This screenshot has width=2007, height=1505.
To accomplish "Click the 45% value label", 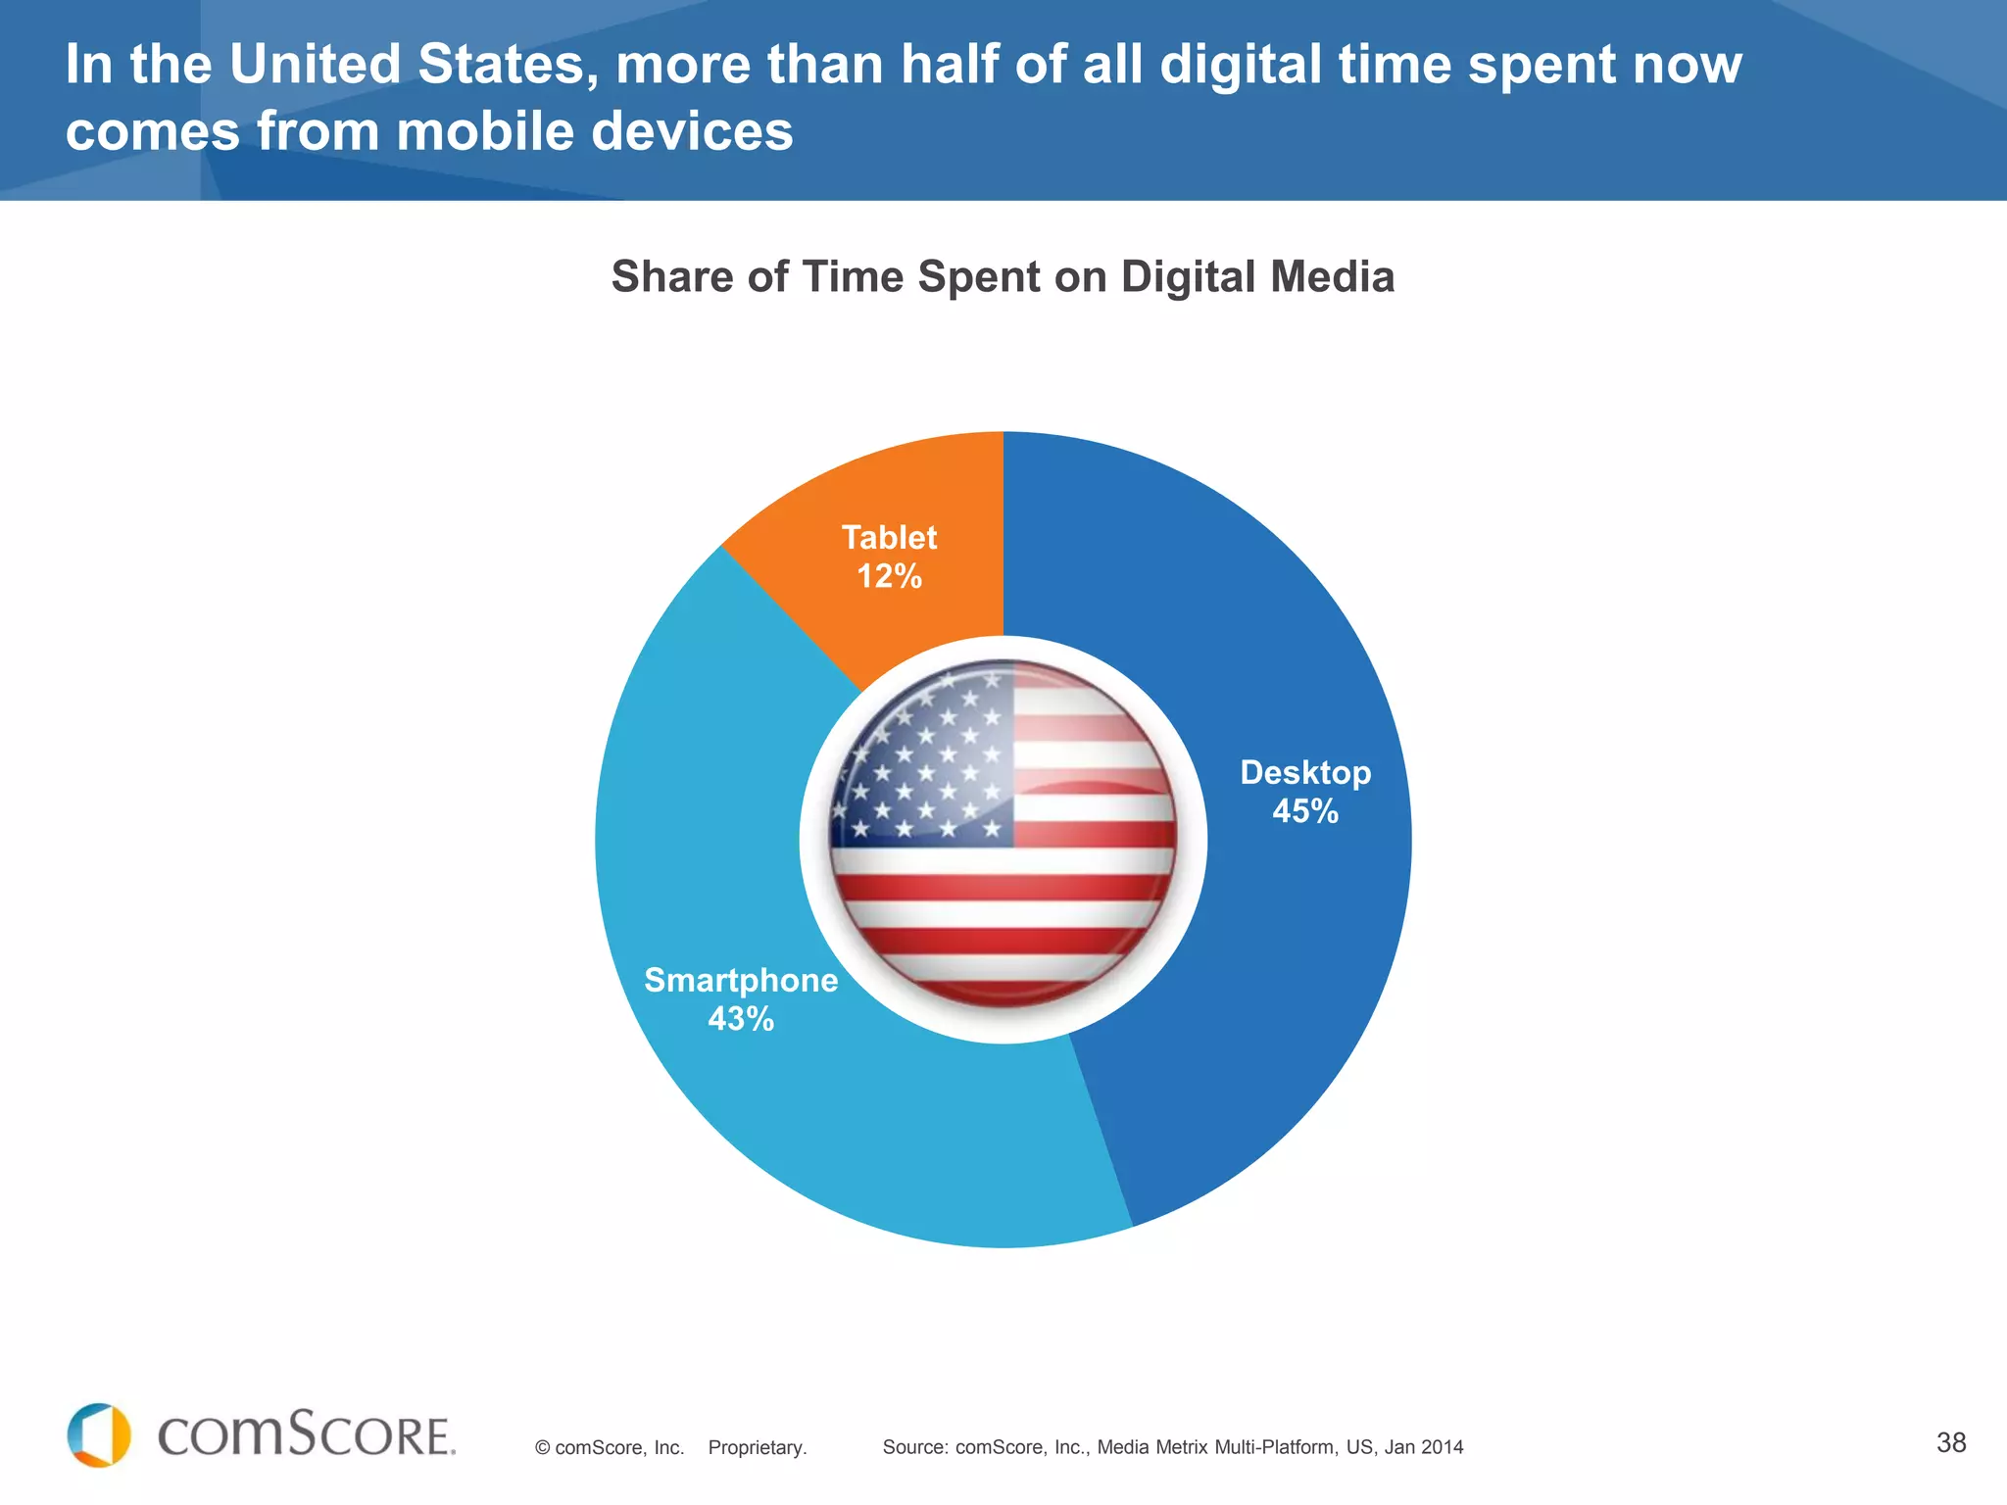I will (x=1304, y=811).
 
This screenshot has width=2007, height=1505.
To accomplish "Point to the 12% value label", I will (x=889, y=576).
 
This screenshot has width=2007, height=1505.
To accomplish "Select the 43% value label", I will (x=741, y=1019).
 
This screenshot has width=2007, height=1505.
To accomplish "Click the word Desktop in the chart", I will (x=1304, y=772).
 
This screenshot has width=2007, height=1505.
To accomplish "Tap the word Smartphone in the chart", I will (x=741, y=980).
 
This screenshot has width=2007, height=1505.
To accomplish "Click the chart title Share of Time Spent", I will (x=1002, y=276).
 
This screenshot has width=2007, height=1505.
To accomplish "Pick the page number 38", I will (x=1950, y=1442).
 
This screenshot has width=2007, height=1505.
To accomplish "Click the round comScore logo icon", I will (x=99, y=1435).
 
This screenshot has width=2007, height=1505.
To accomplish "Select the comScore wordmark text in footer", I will (x=306, y=1436).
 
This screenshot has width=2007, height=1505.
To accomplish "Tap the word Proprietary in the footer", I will (x=757, y=1447).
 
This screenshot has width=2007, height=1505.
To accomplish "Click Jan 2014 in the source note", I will (x=1423, y=1447).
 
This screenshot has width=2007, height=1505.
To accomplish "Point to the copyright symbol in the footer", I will (x=542, y=1448).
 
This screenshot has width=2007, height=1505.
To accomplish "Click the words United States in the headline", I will (x=412, y=65).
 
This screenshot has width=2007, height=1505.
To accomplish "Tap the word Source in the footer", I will (x=913, y=1447).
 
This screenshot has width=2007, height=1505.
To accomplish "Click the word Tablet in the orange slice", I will (x=889, y=537).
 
